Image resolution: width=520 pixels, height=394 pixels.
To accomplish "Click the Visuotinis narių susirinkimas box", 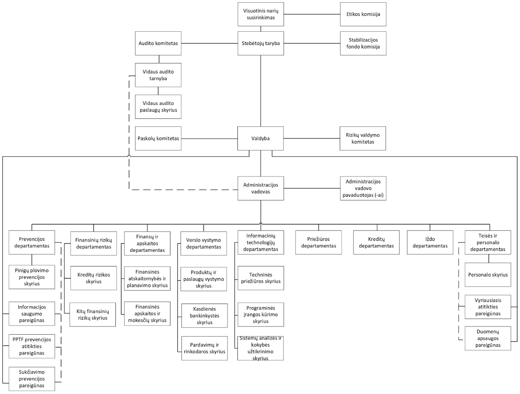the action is tap(261, 14).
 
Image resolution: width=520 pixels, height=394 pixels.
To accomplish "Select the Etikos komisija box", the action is tap(363, 14).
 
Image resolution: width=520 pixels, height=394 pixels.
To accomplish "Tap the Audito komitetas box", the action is tap(158, 43).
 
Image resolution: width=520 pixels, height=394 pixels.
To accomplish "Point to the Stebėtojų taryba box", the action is tap(261, 43).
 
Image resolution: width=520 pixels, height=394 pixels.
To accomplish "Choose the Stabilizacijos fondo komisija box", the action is tap(363, 43).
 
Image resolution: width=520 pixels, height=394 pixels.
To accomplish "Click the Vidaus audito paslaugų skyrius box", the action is tap(158, 107).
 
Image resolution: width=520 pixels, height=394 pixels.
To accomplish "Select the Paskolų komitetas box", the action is tap(158, 138).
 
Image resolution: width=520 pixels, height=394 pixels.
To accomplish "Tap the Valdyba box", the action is tap(261, 138).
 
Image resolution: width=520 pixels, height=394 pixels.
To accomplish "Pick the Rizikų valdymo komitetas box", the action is tap(363, 138).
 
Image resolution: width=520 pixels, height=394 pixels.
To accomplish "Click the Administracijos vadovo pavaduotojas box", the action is tap(363, 189).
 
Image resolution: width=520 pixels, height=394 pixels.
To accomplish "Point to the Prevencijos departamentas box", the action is tap(32, 243).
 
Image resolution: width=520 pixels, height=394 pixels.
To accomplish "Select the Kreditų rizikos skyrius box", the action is tap(94, 278).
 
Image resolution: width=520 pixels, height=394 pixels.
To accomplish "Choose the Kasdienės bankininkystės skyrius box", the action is tap(205, 316).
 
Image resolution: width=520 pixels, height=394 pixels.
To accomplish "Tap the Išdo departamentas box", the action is tap(430, 243).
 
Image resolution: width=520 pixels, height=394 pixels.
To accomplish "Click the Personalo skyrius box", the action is tap(488, 275).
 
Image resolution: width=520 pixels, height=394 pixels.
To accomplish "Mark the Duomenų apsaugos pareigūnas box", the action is tap(488, 339).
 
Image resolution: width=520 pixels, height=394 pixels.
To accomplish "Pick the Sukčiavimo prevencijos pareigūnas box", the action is tap(32, 379).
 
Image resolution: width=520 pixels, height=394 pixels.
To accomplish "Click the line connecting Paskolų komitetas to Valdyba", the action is tap(210, 139).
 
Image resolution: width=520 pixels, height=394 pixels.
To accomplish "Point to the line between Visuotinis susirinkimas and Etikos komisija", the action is tap(312, 14).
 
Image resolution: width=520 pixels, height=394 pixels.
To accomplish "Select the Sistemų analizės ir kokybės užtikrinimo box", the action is tap(261, 348).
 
